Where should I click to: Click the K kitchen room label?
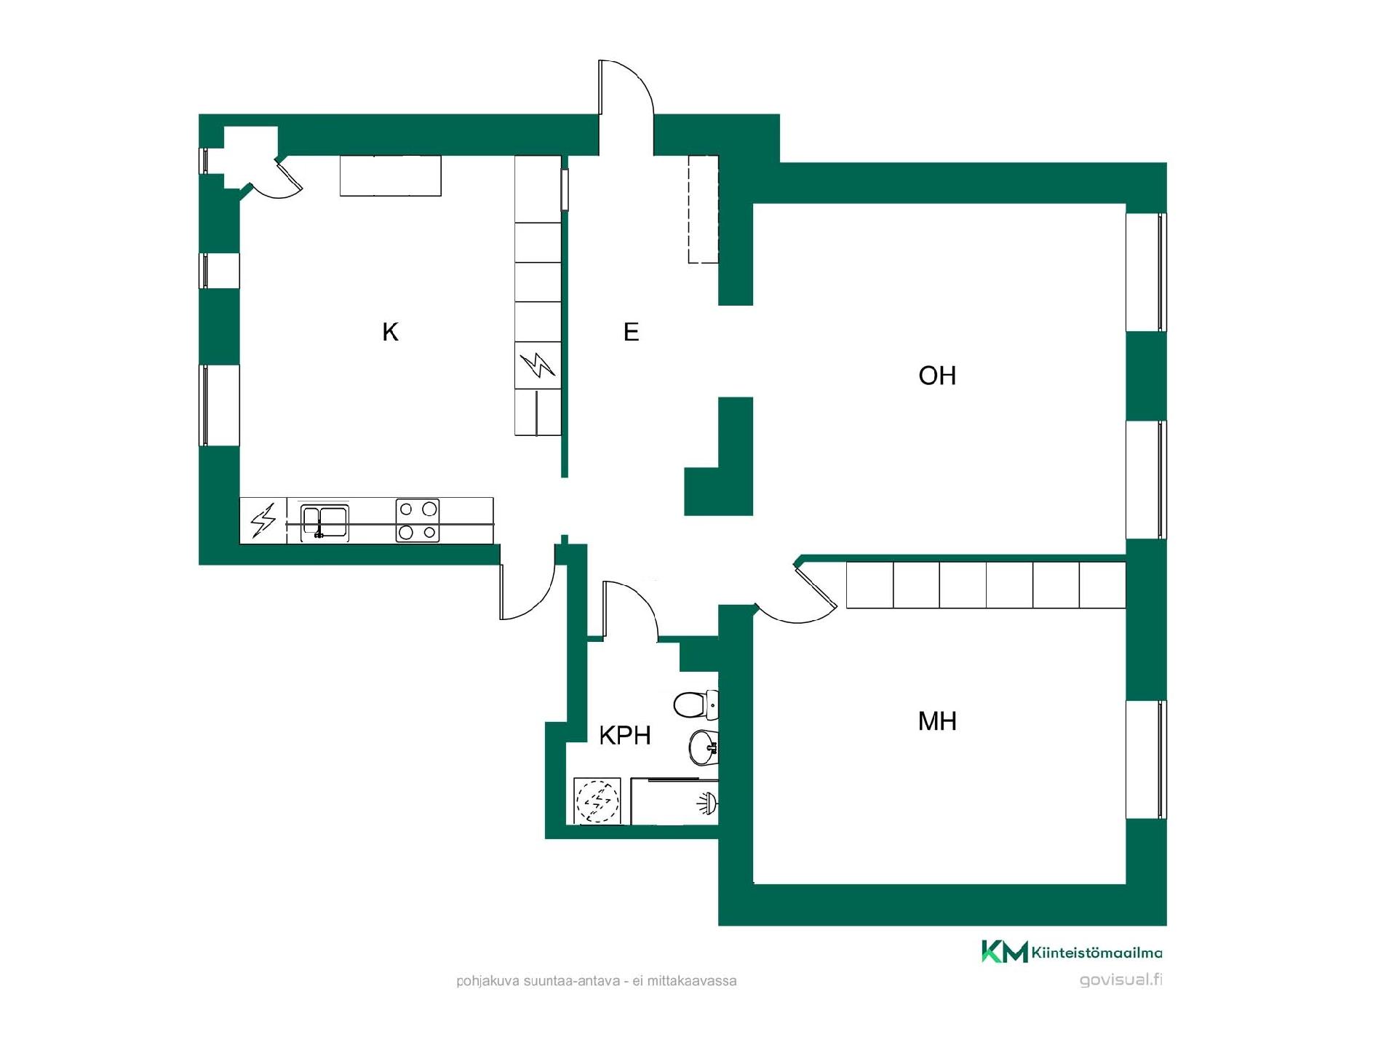(390, 332)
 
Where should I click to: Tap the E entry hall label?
(631, 332)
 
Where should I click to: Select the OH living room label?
(937, 376)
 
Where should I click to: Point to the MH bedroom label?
(937, 721)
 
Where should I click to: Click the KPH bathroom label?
(624, 735)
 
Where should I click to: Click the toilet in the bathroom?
(696, 704)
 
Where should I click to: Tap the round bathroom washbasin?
(703, 747)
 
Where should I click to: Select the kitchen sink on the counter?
(325, 522)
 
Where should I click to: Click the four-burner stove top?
(418, 520)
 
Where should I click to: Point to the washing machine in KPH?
(597, 801)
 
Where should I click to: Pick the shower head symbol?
(707, 803)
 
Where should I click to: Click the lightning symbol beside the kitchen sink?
(263, 520)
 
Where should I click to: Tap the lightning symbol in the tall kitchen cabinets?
(538, 365)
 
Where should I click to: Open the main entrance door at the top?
(626, 87)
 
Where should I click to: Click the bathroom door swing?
(630, 610)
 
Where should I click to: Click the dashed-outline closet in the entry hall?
(704, 209)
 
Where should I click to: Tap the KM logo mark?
(1005, 951)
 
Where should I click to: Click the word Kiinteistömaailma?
(1096, 953)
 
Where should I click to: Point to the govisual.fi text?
(1121, 980)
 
